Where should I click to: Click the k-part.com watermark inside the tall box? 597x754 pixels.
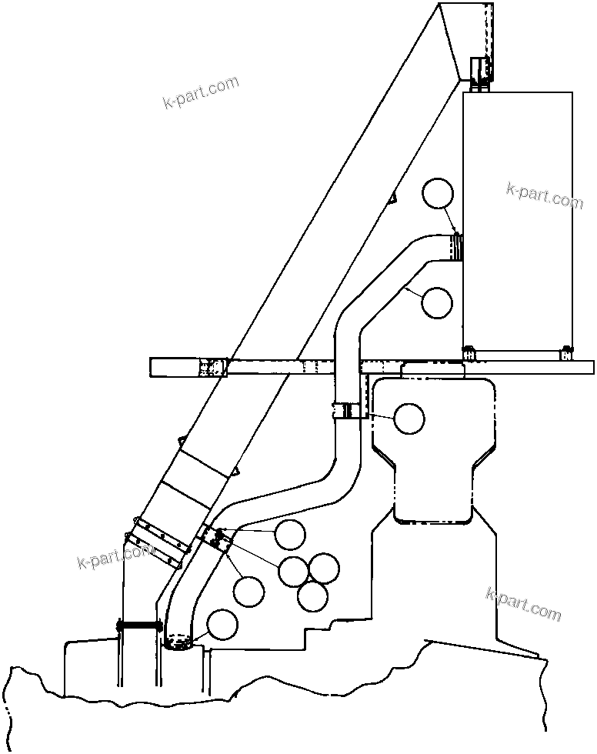(545, 195)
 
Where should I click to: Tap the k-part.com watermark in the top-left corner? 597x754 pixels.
(202, 92)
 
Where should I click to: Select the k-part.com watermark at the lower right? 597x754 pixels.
(524, 604)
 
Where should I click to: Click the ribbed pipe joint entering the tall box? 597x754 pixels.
(457, 248)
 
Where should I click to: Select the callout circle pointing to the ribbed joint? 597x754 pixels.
(439, 193)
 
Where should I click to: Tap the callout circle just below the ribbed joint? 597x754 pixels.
(437, 302)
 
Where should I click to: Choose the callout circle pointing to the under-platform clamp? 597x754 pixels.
(409, 419)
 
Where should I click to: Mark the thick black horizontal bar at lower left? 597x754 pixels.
(138, 627)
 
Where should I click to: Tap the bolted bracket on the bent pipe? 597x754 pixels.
(217, 539)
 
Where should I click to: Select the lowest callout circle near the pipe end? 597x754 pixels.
(222, 625)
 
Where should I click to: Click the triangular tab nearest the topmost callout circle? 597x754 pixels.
(392, 198)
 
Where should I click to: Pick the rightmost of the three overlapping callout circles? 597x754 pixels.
(324, 568)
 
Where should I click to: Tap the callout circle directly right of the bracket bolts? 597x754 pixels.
(289, 535)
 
